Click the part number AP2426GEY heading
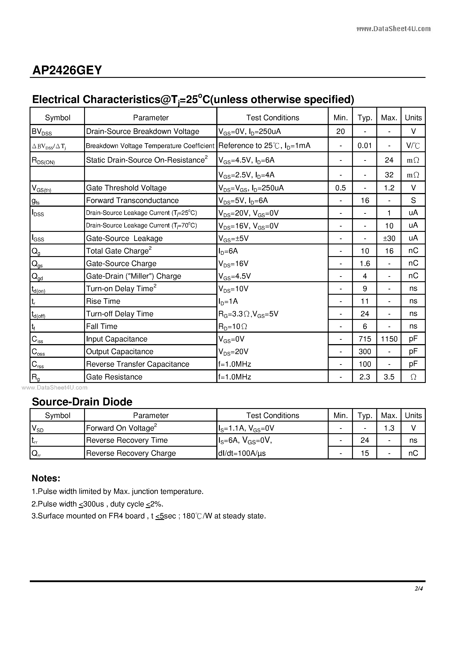(x=67, y=70)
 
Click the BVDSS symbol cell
(x=42, y=131)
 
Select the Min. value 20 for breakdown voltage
(x=340, y=131)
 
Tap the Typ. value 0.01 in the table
(x=364, y=146)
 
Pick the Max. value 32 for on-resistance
(x=389, y=175)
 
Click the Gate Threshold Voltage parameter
(x=126, y=188)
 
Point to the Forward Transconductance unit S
(x=413, y=200)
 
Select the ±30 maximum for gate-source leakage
(x=389, y=238)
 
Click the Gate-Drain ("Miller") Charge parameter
(x=134, y=276)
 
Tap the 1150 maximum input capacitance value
(x=389, y=339)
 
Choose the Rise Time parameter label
(x=103, y=301)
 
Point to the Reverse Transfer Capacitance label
(x=138, y=364)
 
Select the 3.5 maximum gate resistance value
(x=389, y=377)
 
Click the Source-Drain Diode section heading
(x=82, y=402)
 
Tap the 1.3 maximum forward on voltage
(x=389, y=428)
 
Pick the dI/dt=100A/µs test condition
(x=242, y=453)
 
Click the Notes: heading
(x=46, y=478)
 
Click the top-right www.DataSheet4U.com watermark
(x=393, y=29)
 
